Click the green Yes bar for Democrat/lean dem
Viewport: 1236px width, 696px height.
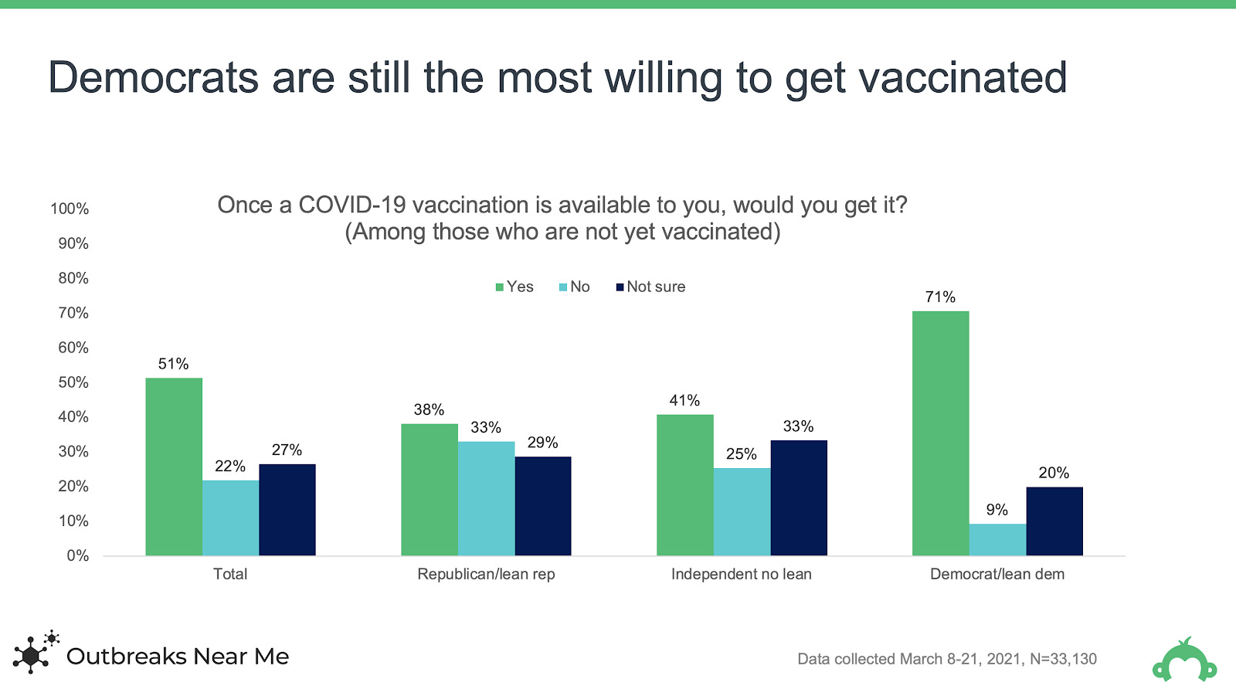coord(940,433)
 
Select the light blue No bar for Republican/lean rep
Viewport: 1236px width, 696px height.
coord(486,498)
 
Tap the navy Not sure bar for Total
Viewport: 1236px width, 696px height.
coord(287,510)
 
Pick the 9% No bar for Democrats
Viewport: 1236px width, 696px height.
coord(997,539)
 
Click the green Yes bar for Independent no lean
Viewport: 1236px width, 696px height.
coord(684,485)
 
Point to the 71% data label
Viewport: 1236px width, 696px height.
coord(940,297)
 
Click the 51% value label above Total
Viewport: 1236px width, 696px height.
coord(173,364)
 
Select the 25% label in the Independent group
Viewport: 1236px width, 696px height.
coord(741,454)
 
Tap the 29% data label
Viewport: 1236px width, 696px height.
coord(542,443)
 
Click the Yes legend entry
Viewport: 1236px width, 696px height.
coord(514,287)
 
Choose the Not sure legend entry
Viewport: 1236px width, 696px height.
coord(650,287)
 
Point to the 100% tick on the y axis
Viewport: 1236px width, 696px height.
coord(70,209)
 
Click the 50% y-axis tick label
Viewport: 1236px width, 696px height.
coord(73,382)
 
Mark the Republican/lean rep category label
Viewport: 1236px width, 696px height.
coord(486,574)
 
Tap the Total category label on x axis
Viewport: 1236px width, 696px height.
coord(230,574)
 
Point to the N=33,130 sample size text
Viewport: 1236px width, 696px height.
coord(1063,659)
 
